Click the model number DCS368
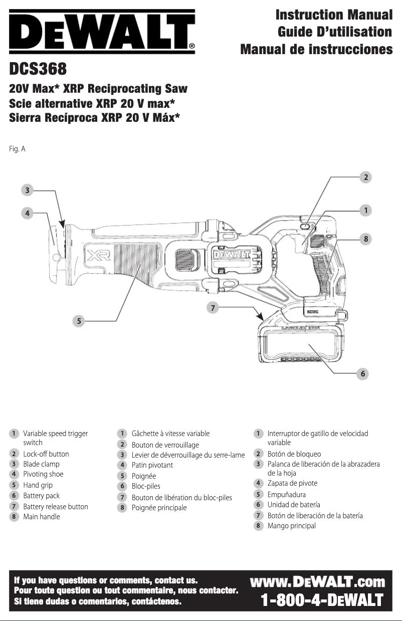coord(38,67)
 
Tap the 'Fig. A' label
coord(18,149)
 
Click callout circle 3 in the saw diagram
coord(28,190)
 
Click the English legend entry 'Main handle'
coord(42,517)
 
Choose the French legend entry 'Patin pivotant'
coord(152,465)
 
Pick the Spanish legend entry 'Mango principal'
coord(291,526)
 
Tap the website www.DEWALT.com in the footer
coord(317,582)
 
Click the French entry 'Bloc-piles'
coord(146,486)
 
